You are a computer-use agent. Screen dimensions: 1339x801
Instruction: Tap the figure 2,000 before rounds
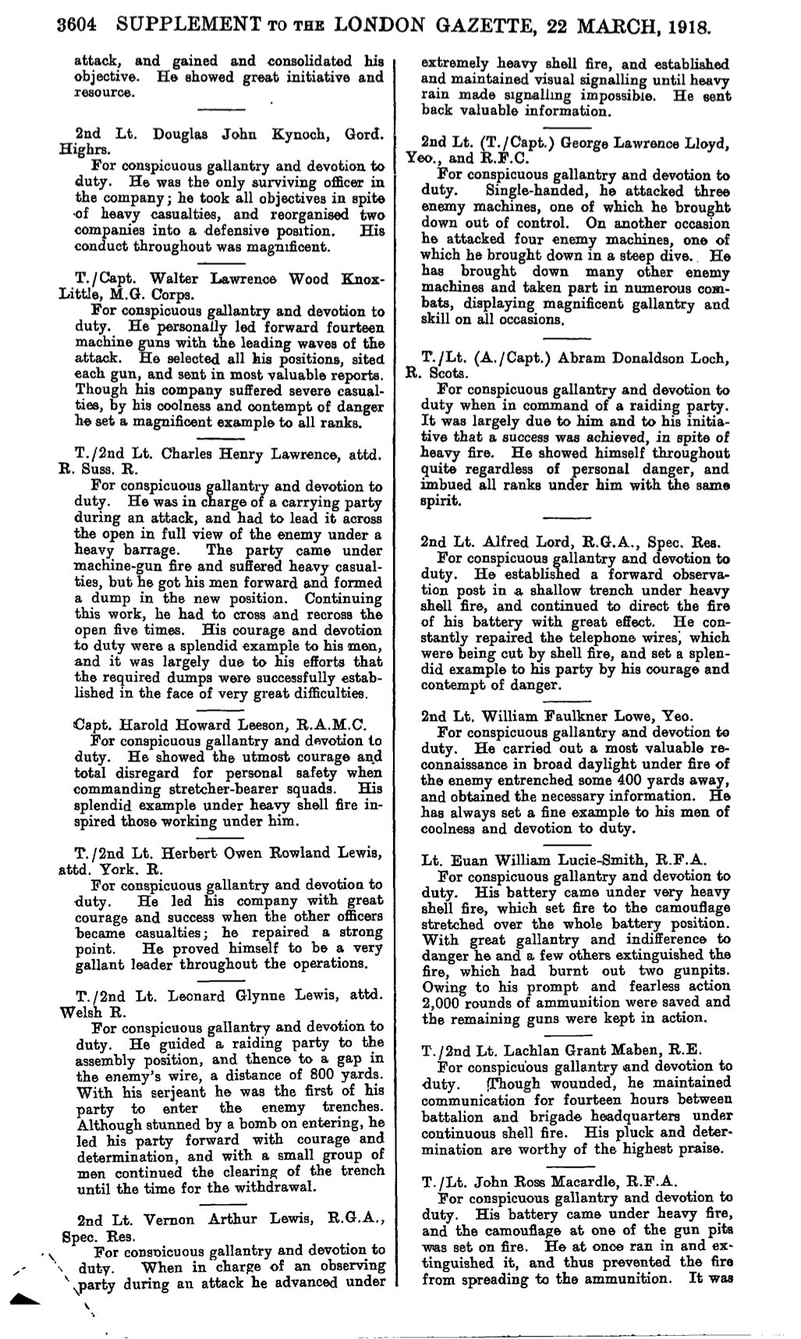pos(440,1003)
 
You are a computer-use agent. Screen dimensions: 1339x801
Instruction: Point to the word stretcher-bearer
pos(210,789)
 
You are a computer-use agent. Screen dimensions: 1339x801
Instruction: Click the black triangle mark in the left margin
pos(26,1298)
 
